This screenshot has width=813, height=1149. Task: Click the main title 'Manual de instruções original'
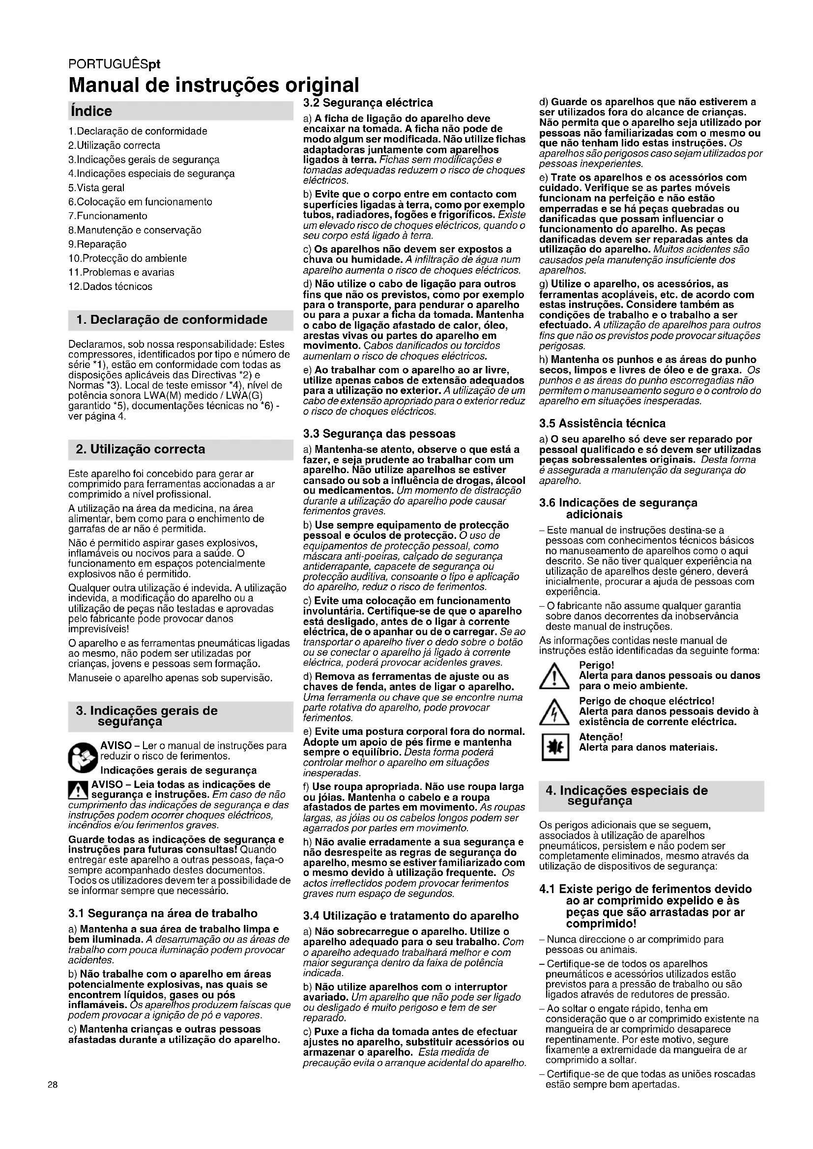coord(214,85)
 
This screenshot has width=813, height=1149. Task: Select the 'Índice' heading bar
coord(180,111)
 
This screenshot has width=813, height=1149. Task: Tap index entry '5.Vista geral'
coord(97,188)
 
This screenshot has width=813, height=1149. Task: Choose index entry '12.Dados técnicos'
coord(110,286)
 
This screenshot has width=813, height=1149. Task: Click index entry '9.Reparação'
coord(98,244)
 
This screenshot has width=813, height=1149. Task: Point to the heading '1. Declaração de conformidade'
coord(172,320)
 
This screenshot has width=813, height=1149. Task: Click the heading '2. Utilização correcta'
coord(141,449)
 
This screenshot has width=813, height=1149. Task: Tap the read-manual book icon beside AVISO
coord(83,757)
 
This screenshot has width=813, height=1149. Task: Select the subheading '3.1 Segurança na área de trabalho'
coord(163,913)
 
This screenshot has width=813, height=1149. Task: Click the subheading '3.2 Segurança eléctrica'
coord(368,103)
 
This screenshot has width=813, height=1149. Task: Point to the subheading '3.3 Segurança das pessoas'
coord(379,433)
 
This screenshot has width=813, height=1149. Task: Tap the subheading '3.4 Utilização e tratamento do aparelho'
coord(410,916)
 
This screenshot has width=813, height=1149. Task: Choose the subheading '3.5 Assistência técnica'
coord(602,423)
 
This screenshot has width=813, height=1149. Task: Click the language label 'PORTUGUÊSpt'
coord(114,64)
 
